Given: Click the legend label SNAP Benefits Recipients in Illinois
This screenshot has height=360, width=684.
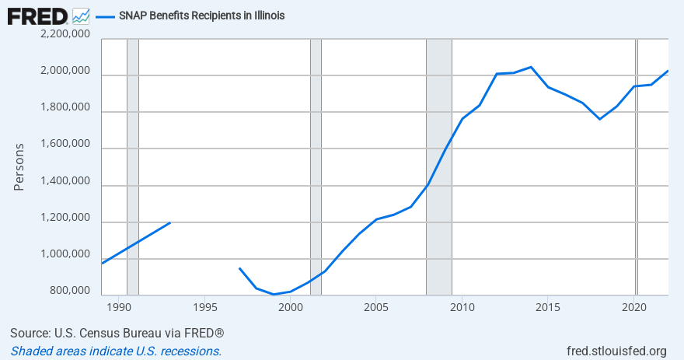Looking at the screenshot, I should click(x=201, y=16).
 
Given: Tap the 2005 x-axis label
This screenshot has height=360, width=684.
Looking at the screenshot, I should click(x=376, y=307).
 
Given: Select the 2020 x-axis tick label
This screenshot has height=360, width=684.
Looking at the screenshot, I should click(x=633, y=307).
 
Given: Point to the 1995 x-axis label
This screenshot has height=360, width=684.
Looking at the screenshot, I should click(x=204, y=307).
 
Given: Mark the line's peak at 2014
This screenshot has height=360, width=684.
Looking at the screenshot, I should click(x=531, y=67).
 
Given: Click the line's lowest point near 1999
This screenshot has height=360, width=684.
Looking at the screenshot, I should click(x=274, y=294).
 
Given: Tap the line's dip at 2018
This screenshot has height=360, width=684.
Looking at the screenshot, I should click(x=599, y=119).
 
